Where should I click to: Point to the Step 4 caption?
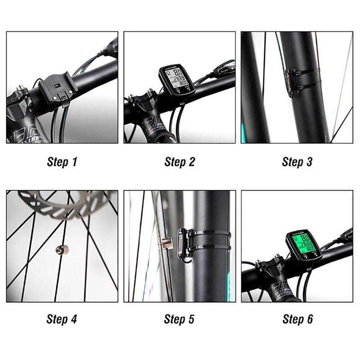pos(62,319)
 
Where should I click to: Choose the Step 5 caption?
pos(180,319)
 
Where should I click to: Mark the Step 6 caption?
pos(297,319)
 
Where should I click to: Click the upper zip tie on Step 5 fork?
pos(211,234)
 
